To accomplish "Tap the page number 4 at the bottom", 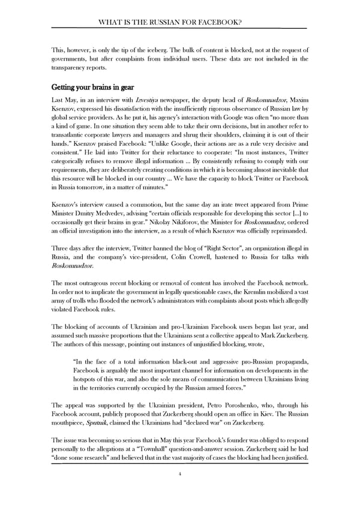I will click(x=179, y=490).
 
